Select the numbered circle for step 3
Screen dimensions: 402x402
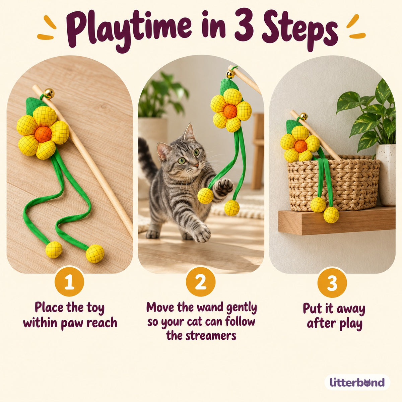click(x=332, y=282)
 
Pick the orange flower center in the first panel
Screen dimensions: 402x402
click(x=43, y=134)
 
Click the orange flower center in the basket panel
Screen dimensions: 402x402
click(x=300, y=146)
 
